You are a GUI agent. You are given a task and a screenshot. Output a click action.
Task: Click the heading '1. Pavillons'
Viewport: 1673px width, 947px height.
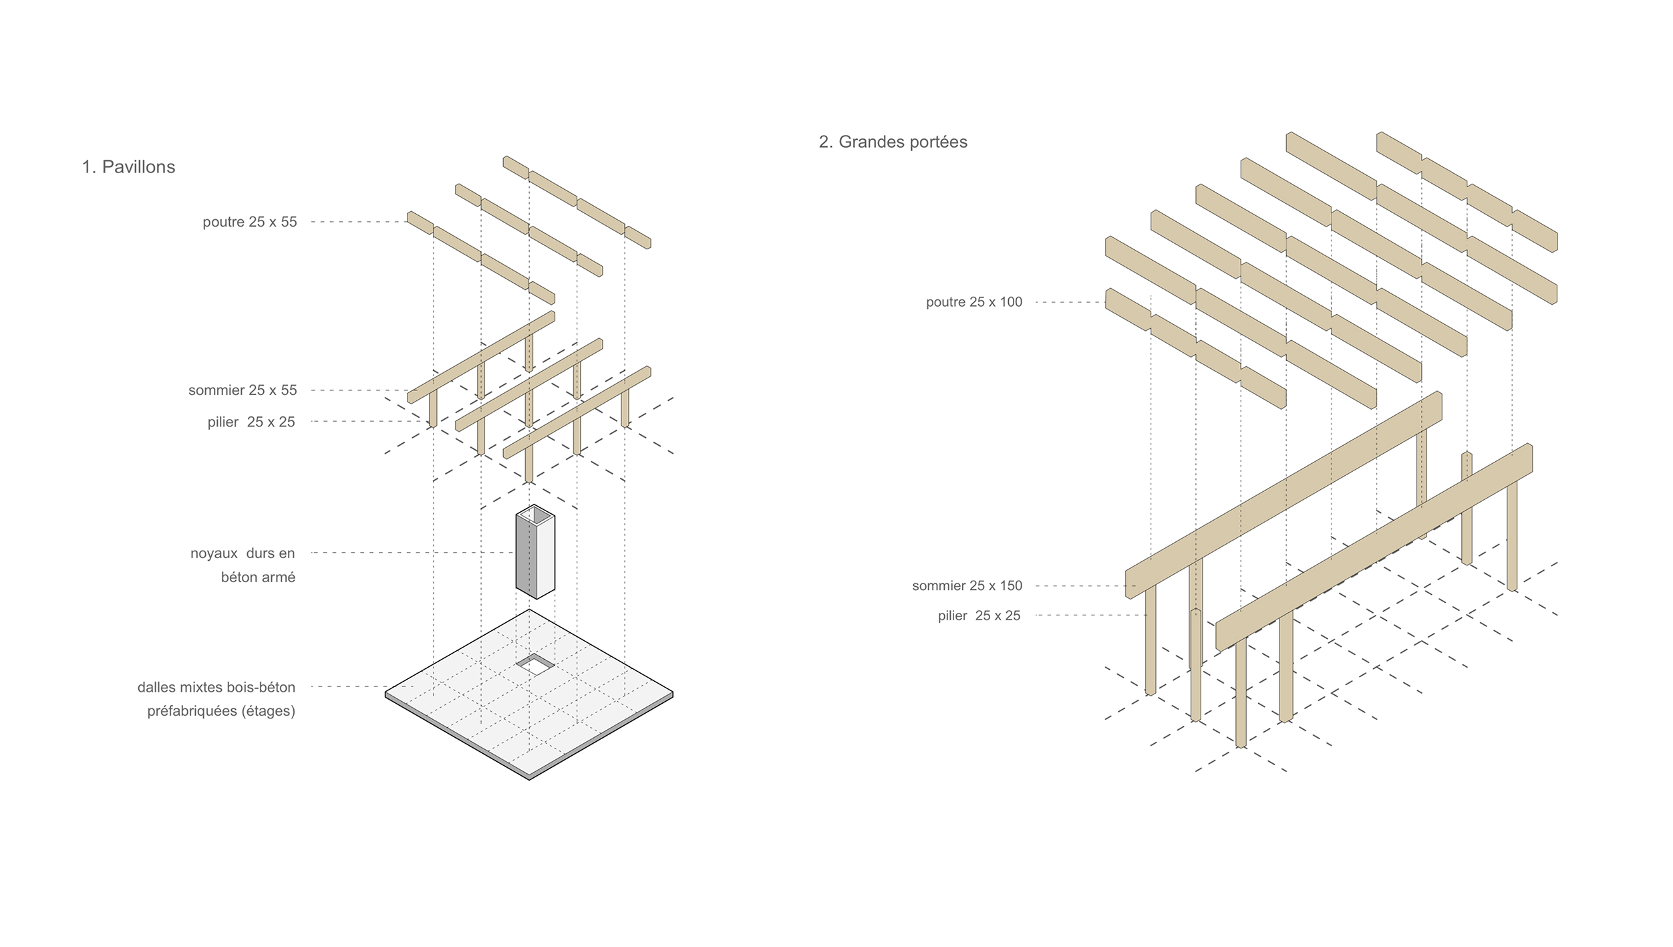pyautogui.click(x=128, y=167)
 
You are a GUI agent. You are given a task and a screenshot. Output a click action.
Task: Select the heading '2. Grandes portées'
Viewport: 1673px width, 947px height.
pyautogui.click(x=893, y=142)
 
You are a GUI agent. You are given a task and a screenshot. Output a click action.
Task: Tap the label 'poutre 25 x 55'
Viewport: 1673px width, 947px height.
pyautogui.click(x=250, y=222)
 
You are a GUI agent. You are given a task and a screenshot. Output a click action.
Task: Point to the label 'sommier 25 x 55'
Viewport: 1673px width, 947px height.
pyautogui.click(x=243, y=390)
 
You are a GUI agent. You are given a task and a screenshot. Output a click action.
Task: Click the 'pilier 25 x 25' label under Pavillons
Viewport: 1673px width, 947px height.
pyautogui.click(x=251, y=422)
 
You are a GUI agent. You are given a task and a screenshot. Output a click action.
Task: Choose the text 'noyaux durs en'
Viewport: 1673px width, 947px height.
pyautogui.click(x=243, y=553)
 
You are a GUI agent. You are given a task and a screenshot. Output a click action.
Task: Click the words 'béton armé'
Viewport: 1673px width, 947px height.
pyautogui.click(x=258, y=577)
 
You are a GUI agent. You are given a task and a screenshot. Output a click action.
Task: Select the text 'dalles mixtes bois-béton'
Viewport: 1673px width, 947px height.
pyautogui.click(x=216, y=687)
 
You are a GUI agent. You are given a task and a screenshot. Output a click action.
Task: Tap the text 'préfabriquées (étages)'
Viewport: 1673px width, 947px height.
pyautogui.click(x=221, y=711)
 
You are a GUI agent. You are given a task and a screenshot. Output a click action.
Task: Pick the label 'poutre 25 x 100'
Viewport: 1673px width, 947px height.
pyautogui.click(x=974, y=302)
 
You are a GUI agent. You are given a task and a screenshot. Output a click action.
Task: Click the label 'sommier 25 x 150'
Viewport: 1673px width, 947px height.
pyautogui.click(x=967, y=586)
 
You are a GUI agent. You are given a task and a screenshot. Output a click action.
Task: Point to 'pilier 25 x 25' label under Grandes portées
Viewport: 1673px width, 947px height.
pyautogui.click(x=979, y=616)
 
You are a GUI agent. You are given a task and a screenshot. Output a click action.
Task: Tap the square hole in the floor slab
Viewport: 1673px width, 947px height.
pyautogui.click(x=535, y=664)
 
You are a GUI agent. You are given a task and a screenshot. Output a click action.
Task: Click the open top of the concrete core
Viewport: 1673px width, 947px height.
pyautogui.click(x=535, y=514)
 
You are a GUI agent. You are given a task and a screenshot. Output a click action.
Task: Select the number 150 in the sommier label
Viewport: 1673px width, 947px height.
pyautogui.click(x=1010, y=586)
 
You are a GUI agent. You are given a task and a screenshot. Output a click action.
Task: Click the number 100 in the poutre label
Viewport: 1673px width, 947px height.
pyautogui.click(x=1010, y=302)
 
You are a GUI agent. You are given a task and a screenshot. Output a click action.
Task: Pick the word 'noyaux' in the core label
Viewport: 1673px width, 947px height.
pyautogui.click(x=214, y=553)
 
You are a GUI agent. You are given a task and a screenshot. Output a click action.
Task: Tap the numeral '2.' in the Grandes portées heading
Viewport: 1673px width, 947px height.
pyautogui.click(x=826, y=142)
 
